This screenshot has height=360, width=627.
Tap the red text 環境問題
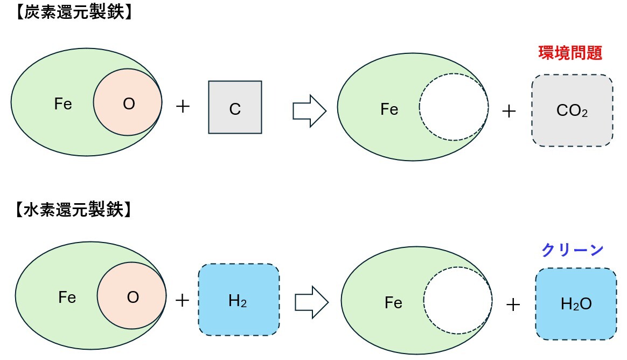tap(570, 53)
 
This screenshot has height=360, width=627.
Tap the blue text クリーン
tap(572, 250)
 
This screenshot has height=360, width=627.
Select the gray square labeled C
tap(235, 107)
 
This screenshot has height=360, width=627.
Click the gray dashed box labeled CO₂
tap(572, 110)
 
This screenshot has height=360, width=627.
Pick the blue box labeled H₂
tap(238, 300)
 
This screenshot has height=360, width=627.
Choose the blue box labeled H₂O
tap(576, 303)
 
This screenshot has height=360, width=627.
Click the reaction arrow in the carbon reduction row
tap(309, 110)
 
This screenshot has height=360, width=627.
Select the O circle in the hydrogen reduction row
tap(131, 297)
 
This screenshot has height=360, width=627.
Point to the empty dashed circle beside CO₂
tap(454, 106)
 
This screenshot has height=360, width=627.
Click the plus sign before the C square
tap(183, 107)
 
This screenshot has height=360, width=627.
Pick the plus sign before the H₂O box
tap(513, 305)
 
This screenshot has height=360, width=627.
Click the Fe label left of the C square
tap(63, 104)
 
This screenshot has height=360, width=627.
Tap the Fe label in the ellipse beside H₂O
tap(393, 303)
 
